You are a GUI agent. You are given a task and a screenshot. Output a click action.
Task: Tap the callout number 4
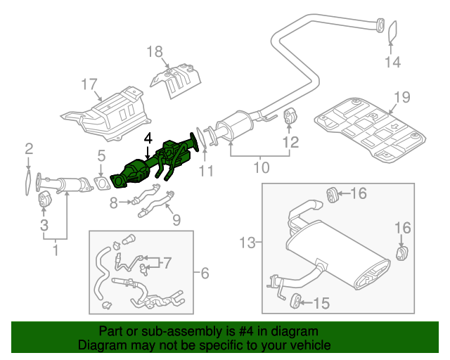click(148, 139)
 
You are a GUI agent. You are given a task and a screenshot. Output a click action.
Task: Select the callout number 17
click(88, 85)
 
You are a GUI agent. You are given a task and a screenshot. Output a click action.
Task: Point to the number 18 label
click(155, 51)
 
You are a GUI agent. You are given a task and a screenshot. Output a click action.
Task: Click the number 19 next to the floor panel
click(401, 97)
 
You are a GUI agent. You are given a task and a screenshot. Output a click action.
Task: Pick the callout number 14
click(392, 63)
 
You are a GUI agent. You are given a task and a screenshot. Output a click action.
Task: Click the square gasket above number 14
click(392, 30)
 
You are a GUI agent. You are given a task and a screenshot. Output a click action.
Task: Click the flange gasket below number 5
click(103, 185)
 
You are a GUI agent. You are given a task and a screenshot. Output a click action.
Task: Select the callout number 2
click(29, 148)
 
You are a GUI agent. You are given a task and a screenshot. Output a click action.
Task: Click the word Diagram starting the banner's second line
click(101, 345)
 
